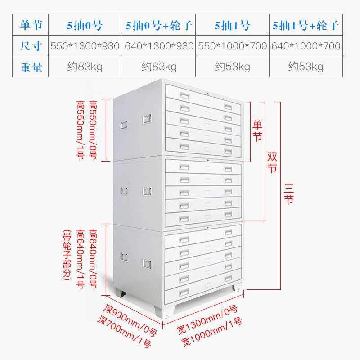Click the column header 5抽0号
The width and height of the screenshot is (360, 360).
tap(85, 25)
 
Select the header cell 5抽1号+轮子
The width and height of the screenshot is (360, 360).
tap(306, 25)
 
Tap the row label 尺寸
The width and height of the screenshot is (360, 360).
tap(31, 46)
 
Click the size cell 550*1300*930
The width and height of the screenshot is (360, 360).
tap(85, 46)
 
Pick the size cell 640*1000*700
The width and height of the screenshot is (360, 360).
tap(306, 46)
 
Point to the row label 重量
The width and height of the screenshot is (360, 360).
tap(31, 67)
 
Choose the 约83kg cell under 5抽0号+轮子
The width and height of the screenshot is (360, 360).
tap(159, 67)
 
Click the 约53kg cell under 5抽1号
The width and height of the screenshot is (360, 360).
tap(232, 67)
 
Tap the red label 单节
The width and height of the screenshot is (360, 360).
tap(257, 131)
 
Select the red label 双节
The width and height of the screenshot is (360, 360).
tap(272, 162)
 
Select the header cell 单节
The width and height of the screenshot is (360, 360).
tap(31, 25)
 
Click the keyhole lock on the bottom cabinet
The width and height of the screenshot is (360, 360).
tap(207, 228)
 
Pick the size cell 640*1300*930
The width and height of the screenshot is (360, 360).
tap(159, 46)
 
